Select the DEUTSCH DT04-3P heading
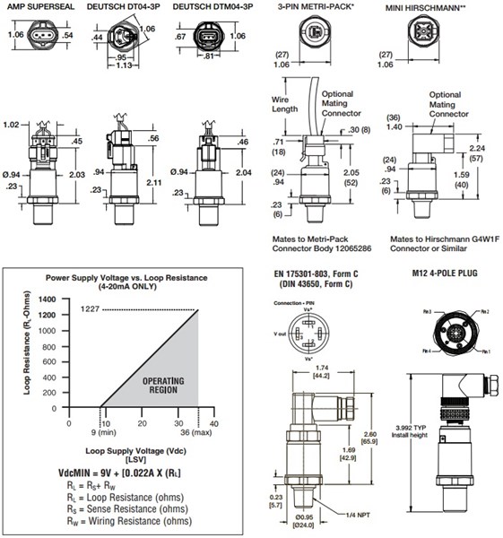tap(125, 6)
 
